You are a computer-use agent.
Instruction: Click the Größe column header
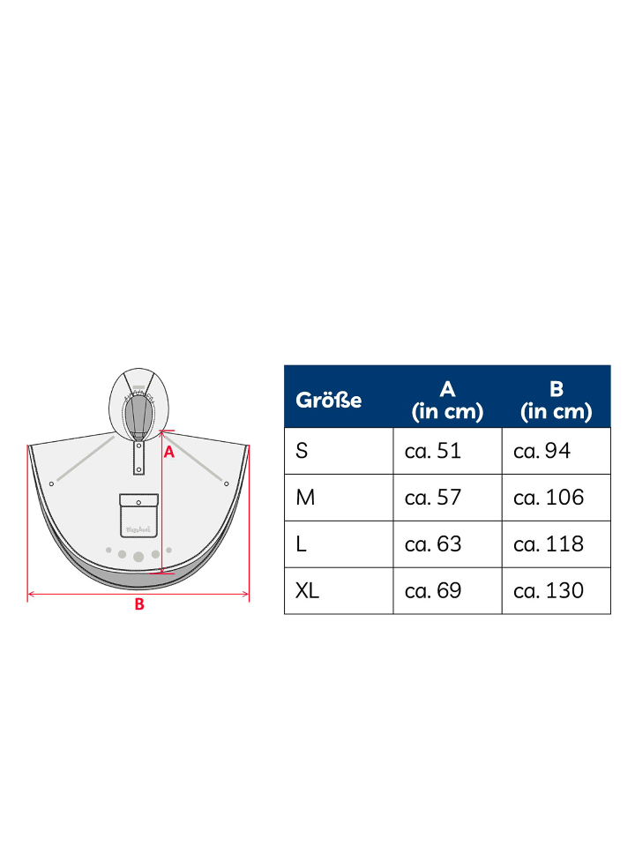[328, 401]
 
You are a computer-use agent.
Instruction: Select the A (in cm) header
[447, 400]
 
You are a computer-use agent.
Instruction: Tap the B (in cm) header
[557, 400]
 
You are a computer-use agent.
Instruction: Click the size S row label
[302, 451]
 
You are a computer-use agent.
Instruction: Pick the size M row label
[305, 498]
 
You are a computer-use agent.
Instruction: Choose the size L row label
[301, 544]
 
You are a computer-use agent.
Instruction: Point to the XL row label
[307, 590]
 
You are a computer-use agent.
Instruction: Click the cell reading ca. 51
[433, 451]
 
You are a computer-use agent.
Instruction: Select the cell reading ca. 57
[433, 498]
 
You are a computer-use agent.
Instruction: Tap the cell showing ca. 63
[433, 544]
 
